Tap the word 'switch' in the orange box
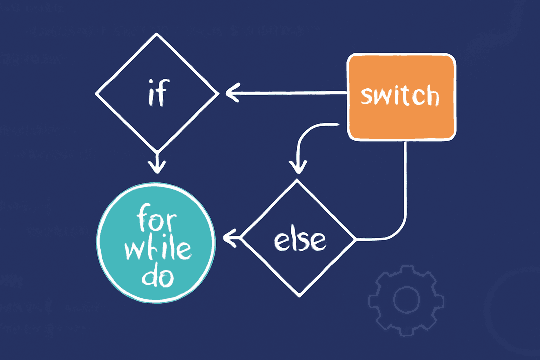400,96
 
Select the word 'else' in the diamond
299,240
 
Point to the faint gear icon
406,299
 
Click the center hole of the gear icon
406,299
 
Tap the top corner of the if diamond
157,35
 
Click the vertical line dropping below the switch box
405,180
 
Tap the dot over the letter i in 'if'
151,83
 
